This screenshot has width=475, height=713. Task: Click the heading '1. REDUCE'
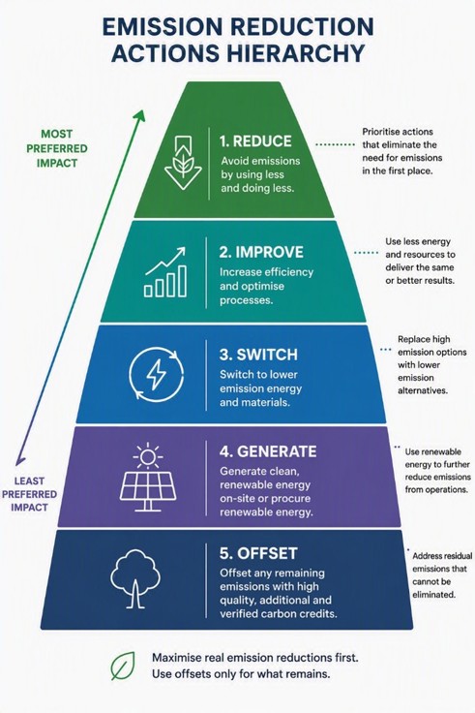tap(255, 141)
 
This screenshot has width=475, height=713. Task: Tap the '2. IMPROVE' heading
tap(261, 252)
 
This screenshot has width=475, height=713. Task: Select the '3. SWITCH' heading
tap(258, 355)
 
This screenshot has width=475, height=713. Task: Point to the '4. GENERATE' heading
tap(268, 451)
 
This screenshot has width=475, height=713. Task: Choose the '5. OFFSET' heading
tap(258, 553)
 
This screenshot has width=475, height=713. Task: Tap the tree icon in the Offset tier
tap(134, 579)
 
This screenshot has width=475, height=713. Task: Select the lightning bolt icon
tap(156, 375)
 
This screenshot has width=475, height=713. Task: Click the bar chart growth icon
tap(165, 272)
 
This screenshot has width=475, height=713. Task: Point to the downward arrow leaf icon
tap(183, 163)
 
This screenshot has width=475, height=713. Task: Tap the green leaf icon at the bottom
tap(123, 666)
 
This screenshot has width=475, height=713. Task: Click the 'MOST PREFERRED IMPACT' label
tap(57, 148)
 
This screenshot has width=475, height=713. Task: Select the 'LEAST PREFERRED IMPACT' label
tap(30, 494)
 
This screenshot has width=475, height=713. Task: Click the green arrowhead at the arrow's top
tap(140, 115)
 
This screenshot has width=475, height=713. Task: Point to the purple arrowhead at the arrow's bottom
tap(19, 460)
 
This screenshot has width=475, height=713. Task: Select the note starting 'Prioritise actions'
tap(401, 151)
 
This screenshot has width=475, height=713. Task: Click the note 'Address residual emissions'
tap(442, 574)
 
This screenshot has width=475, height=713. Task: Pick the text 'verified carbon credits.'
tap(279, 614)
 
